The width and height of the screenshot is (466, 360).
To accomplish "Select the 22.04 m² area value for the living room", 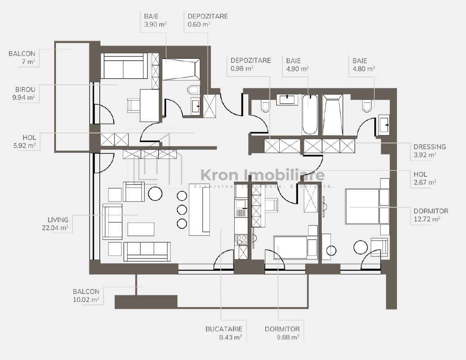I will [x=58, y=227].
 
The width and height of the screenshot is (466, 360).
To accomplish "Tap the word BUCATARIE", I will [x=224, y=329].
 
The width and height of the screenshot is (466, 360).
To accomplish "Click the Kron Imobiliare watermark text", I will [x=262, y=175].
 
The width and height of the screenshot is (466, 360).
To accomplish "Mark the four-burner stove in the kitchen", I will [x=241, y=239].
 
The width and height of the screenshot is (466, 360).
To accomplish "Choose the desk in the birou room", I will [x=149, y=105].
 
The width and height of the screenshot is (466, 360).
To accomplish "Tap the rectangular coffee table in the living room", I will [x=141, y=229].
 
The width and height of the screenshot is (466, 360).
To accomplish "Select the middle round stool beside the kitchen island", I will [x=182, y=209].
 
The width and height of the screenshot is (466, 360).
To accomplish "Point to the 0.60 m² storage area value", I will [x=199, y=24].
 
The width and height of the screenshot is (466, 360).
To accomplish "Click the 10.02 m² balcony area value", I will [x=86, y=300].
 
